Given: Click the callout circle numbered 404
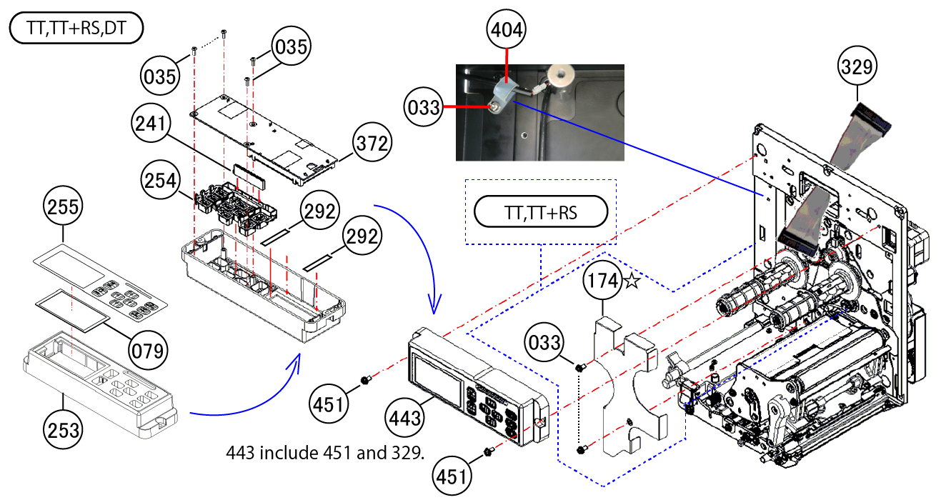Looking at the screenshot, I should (x=507, y=29).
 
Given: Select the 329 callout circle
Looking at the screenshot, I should (x=857, y=67).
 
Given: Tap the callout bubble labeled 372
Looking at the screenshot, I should (x=373, y=144).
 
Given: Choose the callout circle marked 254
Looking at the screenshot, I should (x=160, y=181).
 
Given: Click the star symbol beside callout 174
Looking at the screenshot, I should (x=632, y=282).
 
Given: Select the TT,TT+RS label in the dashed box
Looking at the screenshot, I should (x=540, y=211).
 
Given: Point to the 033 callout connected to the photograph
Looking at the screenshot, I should (x=424, y=107).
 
